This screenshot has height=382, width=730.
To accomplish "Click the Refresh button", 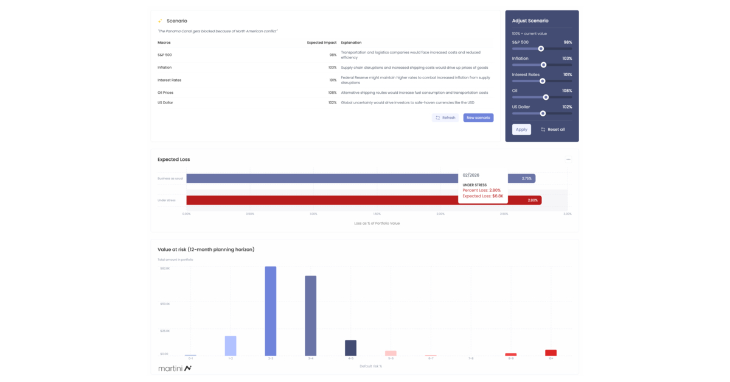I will [445, 118].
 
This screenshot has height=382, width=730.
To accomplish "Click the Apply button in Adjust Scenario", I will [521, 129].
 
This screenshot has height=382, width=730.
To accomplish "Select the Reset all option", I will [552, 129].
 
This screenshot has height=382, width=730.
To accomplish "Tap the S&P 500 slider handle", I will [541, 49].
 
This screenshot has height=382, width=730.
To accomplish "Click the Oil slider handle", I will [546, 97].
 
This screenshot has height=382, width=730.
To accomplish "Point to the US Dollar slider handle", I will [543, 113].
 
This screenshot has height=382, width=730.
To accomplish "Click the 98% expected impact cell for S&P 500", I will [333, 55].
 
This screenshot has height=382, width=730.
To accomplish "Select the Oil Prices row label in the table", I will [165, 93].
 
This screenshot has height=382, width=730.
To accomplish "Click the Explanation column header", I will [351, 43].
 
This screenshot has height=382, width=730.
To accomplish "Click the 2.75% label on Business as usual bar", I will [527, 179].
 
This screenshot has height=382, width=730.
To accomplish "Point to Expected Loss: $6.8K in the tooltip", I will [482, 196].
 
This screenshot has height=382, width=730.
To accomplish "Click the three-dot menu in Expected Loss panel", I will [568, 160].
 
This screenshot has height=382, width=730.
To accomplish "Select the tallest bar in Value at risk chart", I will [270, 311].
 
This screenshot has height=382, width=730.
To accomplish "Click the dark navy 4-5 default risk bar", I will [350, 348].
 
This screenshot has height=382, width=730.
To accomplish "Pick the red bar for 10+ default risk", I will [551, 353].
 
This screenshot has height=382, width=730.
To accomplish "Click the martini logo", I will [175, 368].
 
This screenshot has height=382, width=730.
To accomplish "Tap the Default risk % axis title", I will [370, 366].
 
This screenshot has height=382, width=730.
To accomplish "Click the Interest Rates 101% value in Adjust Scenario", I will [567, 74].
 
